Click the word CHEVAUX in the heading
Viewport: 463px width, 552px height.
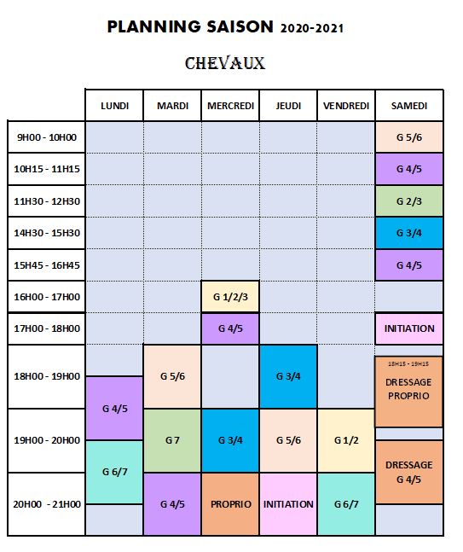coord(225,63)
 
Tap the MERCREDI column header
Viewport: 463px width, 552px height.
coord(230,106)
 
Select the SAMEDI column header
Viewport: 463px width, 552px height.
coord(409,106)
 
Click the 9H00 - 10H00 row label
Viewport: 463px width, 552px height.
coord(47,137)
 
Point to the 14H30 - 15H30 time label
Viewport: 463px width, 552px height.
coord(47,233)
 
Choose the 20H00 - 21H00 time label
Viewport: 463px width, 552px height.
coord(47,504)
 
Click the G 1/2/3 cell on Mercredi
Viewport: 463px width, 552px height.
coord(230,297)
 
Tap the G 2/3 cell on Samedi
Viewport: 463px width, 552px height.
coord(409,201)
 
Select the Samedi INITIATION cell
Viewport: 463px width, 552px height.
coord(409,328)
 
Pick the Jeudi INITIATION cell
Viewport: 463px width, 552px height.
coord(288,504)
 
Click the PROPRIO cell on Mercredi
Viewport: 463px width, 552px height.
coord(230,504)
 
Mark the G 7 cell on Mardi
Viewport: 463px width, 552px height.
coord(172,440)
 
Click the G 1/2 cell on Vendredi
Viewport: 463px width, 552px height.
coord(346,440)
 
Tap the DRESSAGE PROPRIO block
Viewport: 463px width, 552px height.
coord(408,392)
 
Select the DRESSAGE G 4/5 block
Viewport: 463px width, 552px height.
coord(409,472)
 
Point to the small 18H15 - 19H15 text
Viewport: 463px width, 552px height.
coord(408,363)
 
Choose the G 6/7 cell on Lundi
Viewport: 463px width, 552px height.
coord(115,472)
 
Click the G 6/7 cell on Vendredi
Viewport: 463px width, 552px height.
coord(346,504)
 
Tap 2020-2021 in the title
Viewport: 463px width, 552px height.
coord(312,28)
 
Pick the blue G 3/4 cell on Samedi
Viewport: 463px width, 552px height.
coord(409,233)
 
